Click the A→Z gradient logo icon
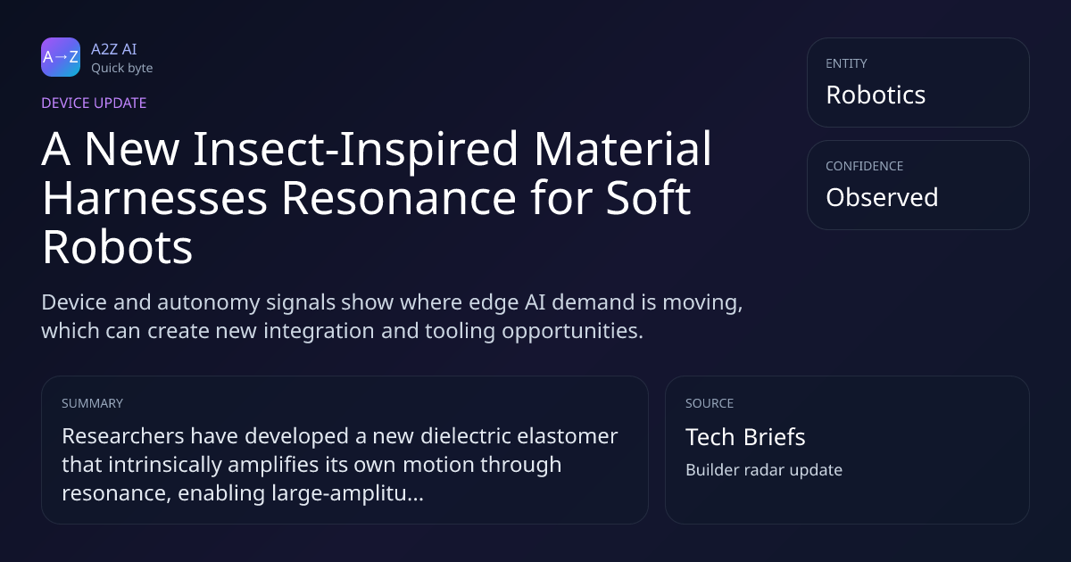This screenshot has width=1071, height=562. pos(61,57)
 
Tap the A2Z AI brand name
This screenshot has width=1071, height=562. pos(114,49)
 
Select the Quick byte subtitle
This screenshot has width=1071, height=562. pos(122,69)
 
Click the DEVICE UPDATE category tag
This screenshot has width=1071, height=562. pos(94,103)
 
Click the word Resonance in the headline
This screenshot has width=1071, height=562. pos(399,198)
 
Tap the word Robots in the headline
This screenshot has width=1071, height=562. pos(118,247)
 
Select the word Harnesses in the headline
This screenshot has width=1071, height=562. pos(154,198)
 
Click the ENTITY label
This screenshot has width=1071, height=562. pos(846,63)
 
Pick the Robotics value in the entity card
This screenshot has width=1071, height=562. pos(876,95)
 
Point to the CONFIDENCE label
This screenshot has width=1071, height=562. pos(864,166)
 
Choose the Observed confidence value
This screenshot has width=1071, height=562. pos(882,197)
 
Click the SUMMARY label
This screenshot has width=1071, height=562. pos(92,403)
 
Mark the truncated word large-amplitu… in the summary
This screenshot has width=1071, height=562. pos(347,493)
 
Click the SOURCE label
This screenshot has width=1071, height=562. pos(709,403)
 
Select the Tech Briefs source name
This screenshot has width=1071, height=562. pos(745,437)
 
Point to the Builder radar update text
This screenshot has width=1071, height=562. pos(764,470)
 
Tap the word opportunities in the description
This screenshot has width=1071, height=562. pos(572,331)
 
